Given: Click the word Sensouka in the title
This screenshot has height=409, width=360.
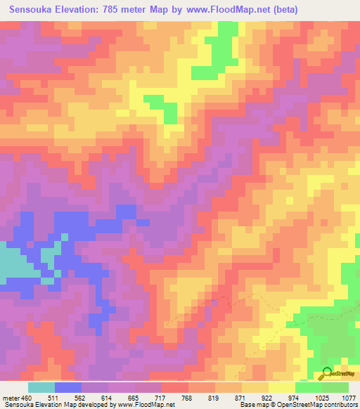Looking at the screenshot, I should (x=34, y=10).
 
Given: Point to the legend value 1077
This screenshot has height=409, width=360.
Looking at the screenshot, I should (x=349, y=398).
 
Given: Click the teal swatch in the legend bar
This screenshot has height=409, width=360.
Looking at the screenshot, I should (x=41, y=387).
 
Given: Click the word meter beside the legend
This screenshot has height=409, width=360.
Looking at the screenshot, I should (x=10, y=398).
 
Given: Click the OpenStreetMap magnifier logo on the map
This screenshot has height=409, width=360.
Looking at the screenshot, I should (x=327, y=374).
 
